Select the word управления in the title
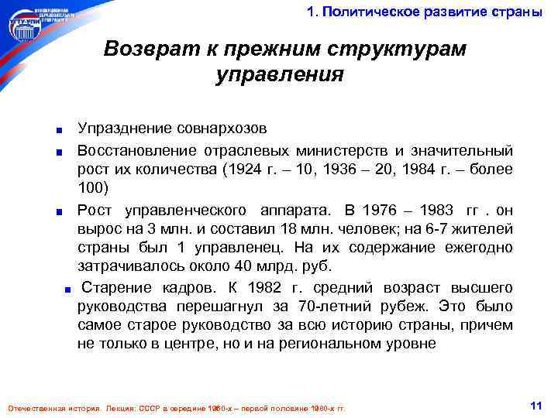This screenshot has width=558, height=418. (278, 75)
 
